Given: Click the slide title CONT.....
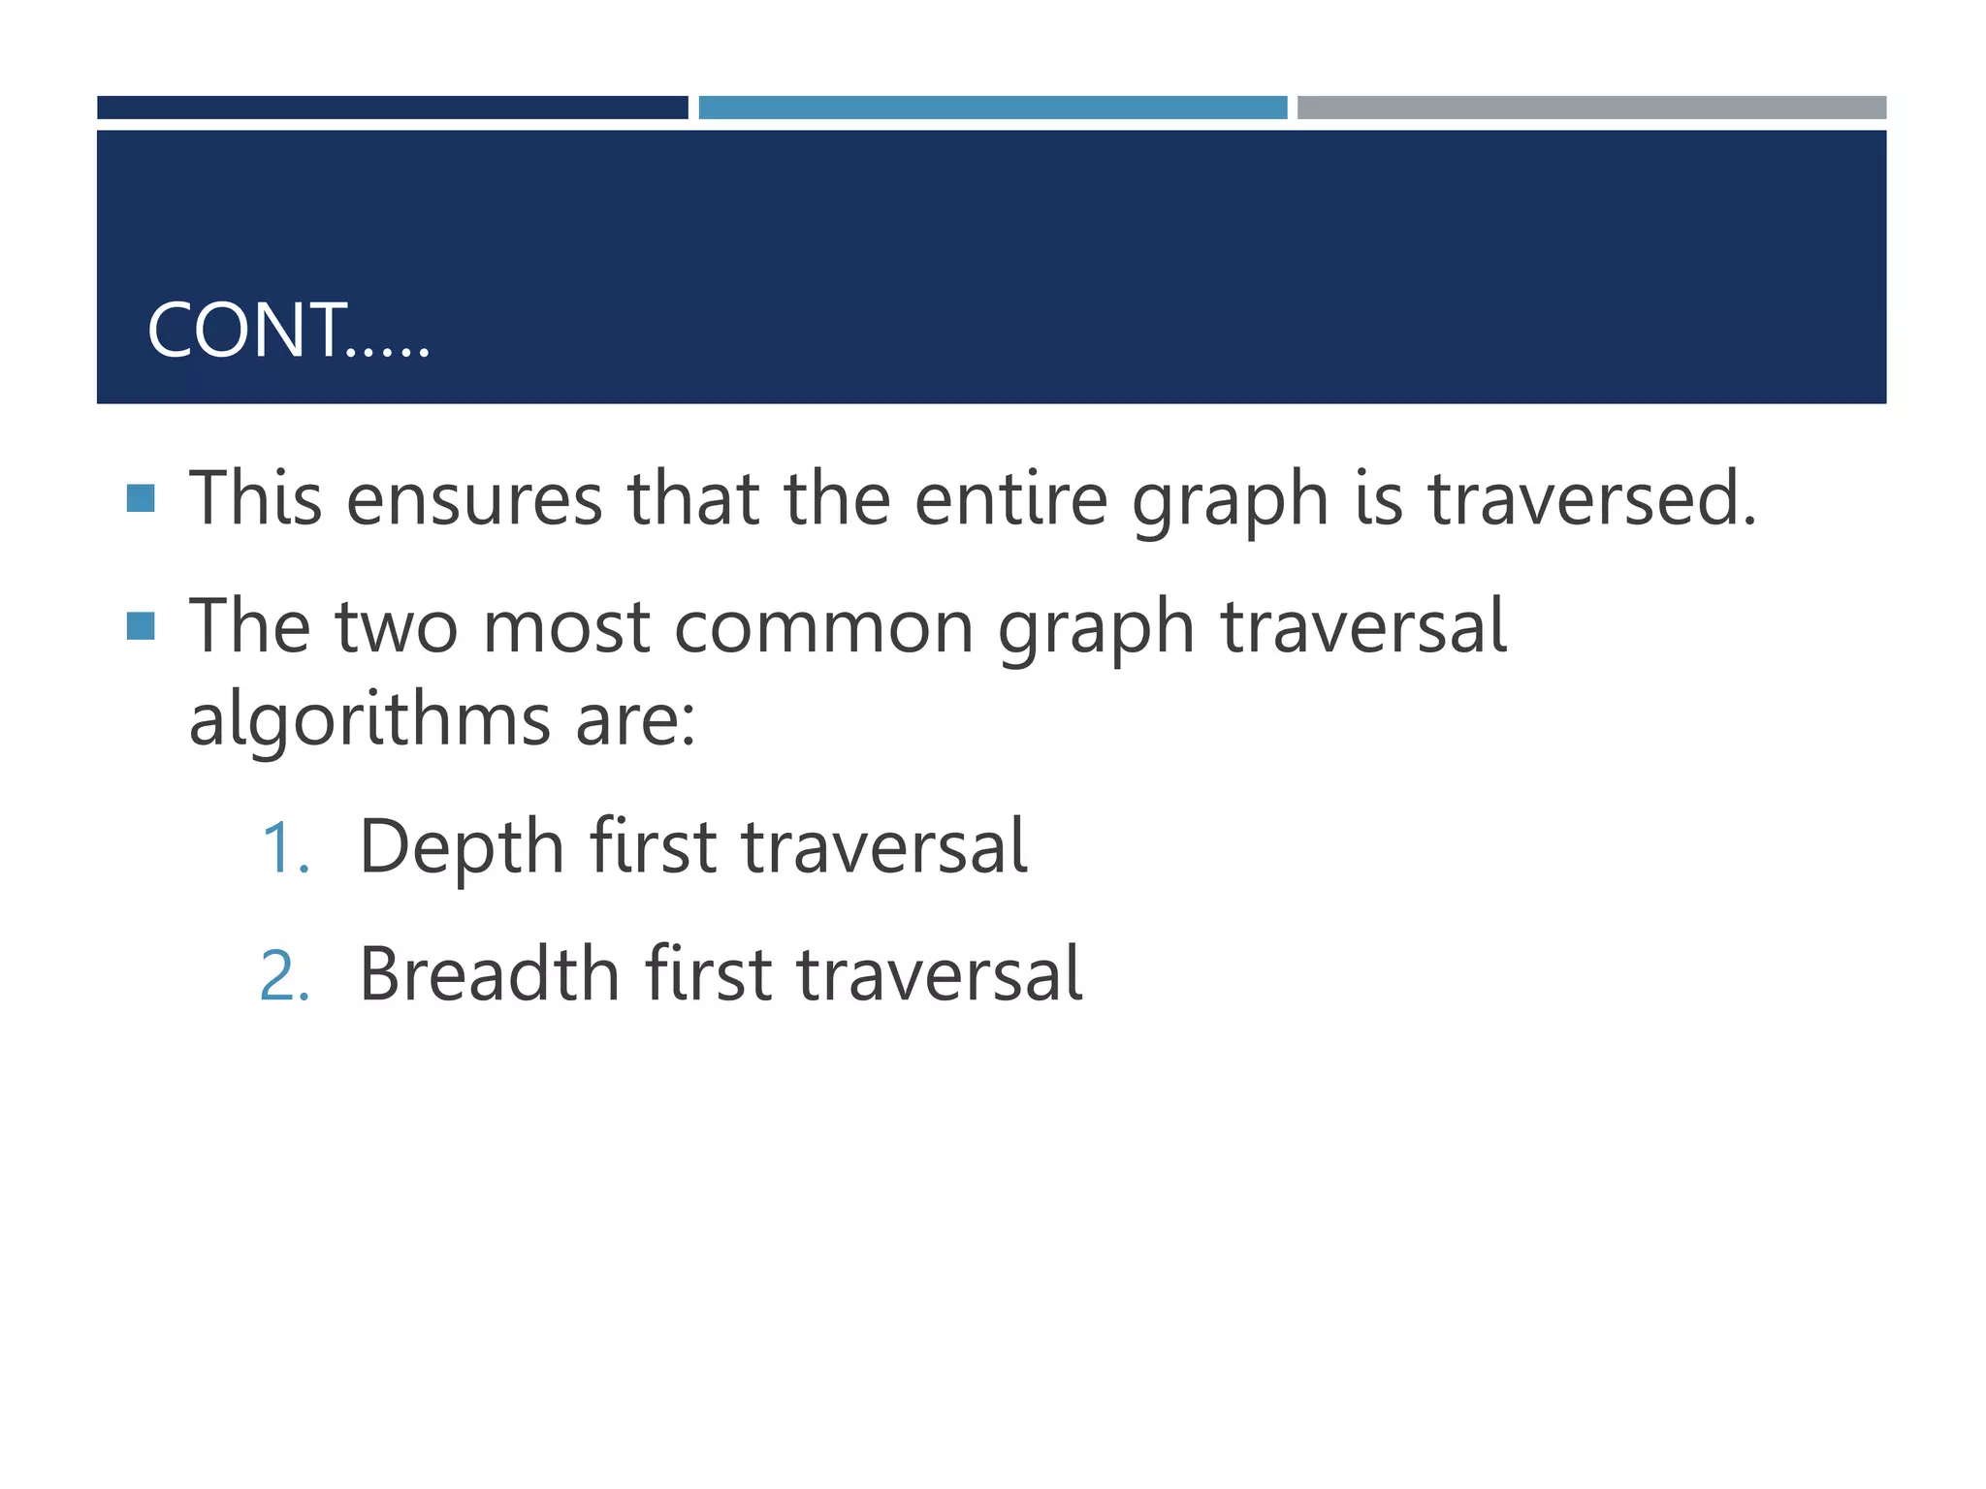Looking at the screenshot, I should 288,331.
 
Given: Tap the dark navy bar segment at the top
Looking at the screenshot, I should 392,108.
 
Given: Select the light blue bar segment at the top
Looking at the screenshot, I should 992,108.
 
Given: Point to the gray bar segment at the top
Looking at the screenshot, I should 1591,108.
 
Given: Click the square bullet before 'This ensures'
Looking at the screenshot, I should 142,498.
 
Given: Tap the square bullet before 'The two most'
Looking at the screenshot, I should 142,626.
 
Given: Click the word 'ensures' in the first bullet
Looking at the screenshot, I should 474,499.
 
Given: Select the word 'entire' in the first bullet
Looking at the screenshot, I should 1010,499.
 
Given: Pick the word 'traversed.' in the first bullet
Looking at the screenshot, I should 1592,499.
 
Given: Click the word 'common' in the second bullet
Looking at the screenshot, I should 823,627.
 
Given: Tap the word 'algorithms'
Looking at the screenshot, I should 369,720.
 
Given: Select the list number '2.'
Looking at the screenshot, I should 285,975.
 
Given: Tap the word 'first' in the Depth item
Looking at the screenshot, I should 654,847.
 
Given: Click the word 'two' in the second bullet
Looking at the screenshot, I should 397,627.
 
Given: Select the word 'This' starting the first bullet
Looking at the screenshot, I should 255,499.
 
